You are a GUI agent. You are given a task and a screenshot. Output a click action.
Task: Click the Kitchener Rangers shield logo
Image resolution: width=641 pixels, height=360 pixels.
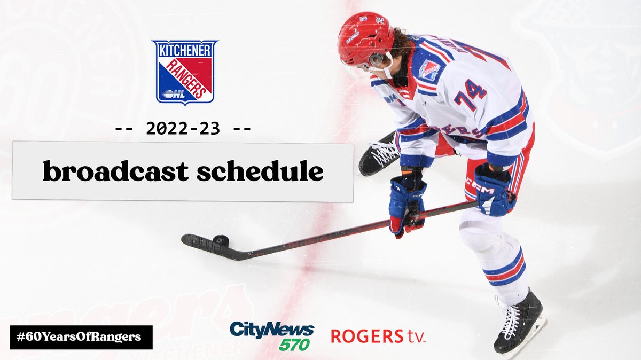(x=184, y=71)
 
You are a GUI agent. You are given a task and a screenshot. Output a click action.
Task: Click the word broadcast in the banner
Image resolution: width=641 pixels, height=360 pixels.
(x=115, y=171)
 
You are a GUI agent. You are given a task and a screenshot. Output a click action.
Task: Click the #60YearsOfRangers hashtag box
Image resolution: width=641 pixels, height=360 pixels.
(x=81, y=337)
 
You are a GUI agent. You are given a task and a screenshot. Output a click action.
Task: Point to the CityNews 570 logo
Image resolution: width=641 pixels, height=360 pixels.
(x=272, y=335)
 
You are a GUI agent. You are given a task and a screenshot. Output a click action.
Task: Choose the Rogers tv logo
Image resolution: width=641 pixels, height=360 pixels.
(x=378, y=336)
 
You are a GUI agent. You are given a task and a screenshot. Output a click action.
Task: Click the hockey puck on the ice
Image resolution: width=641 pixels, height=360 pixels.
(x=221, y=241)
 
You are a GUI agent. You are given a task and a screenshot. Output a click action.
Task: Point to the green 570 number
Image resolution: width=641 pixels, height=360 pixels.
(x=294, y=345)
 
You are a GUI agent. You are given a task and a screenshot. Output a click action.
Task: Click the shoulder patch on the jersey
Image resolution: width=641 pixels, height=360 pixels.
(x=429, y=70)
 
